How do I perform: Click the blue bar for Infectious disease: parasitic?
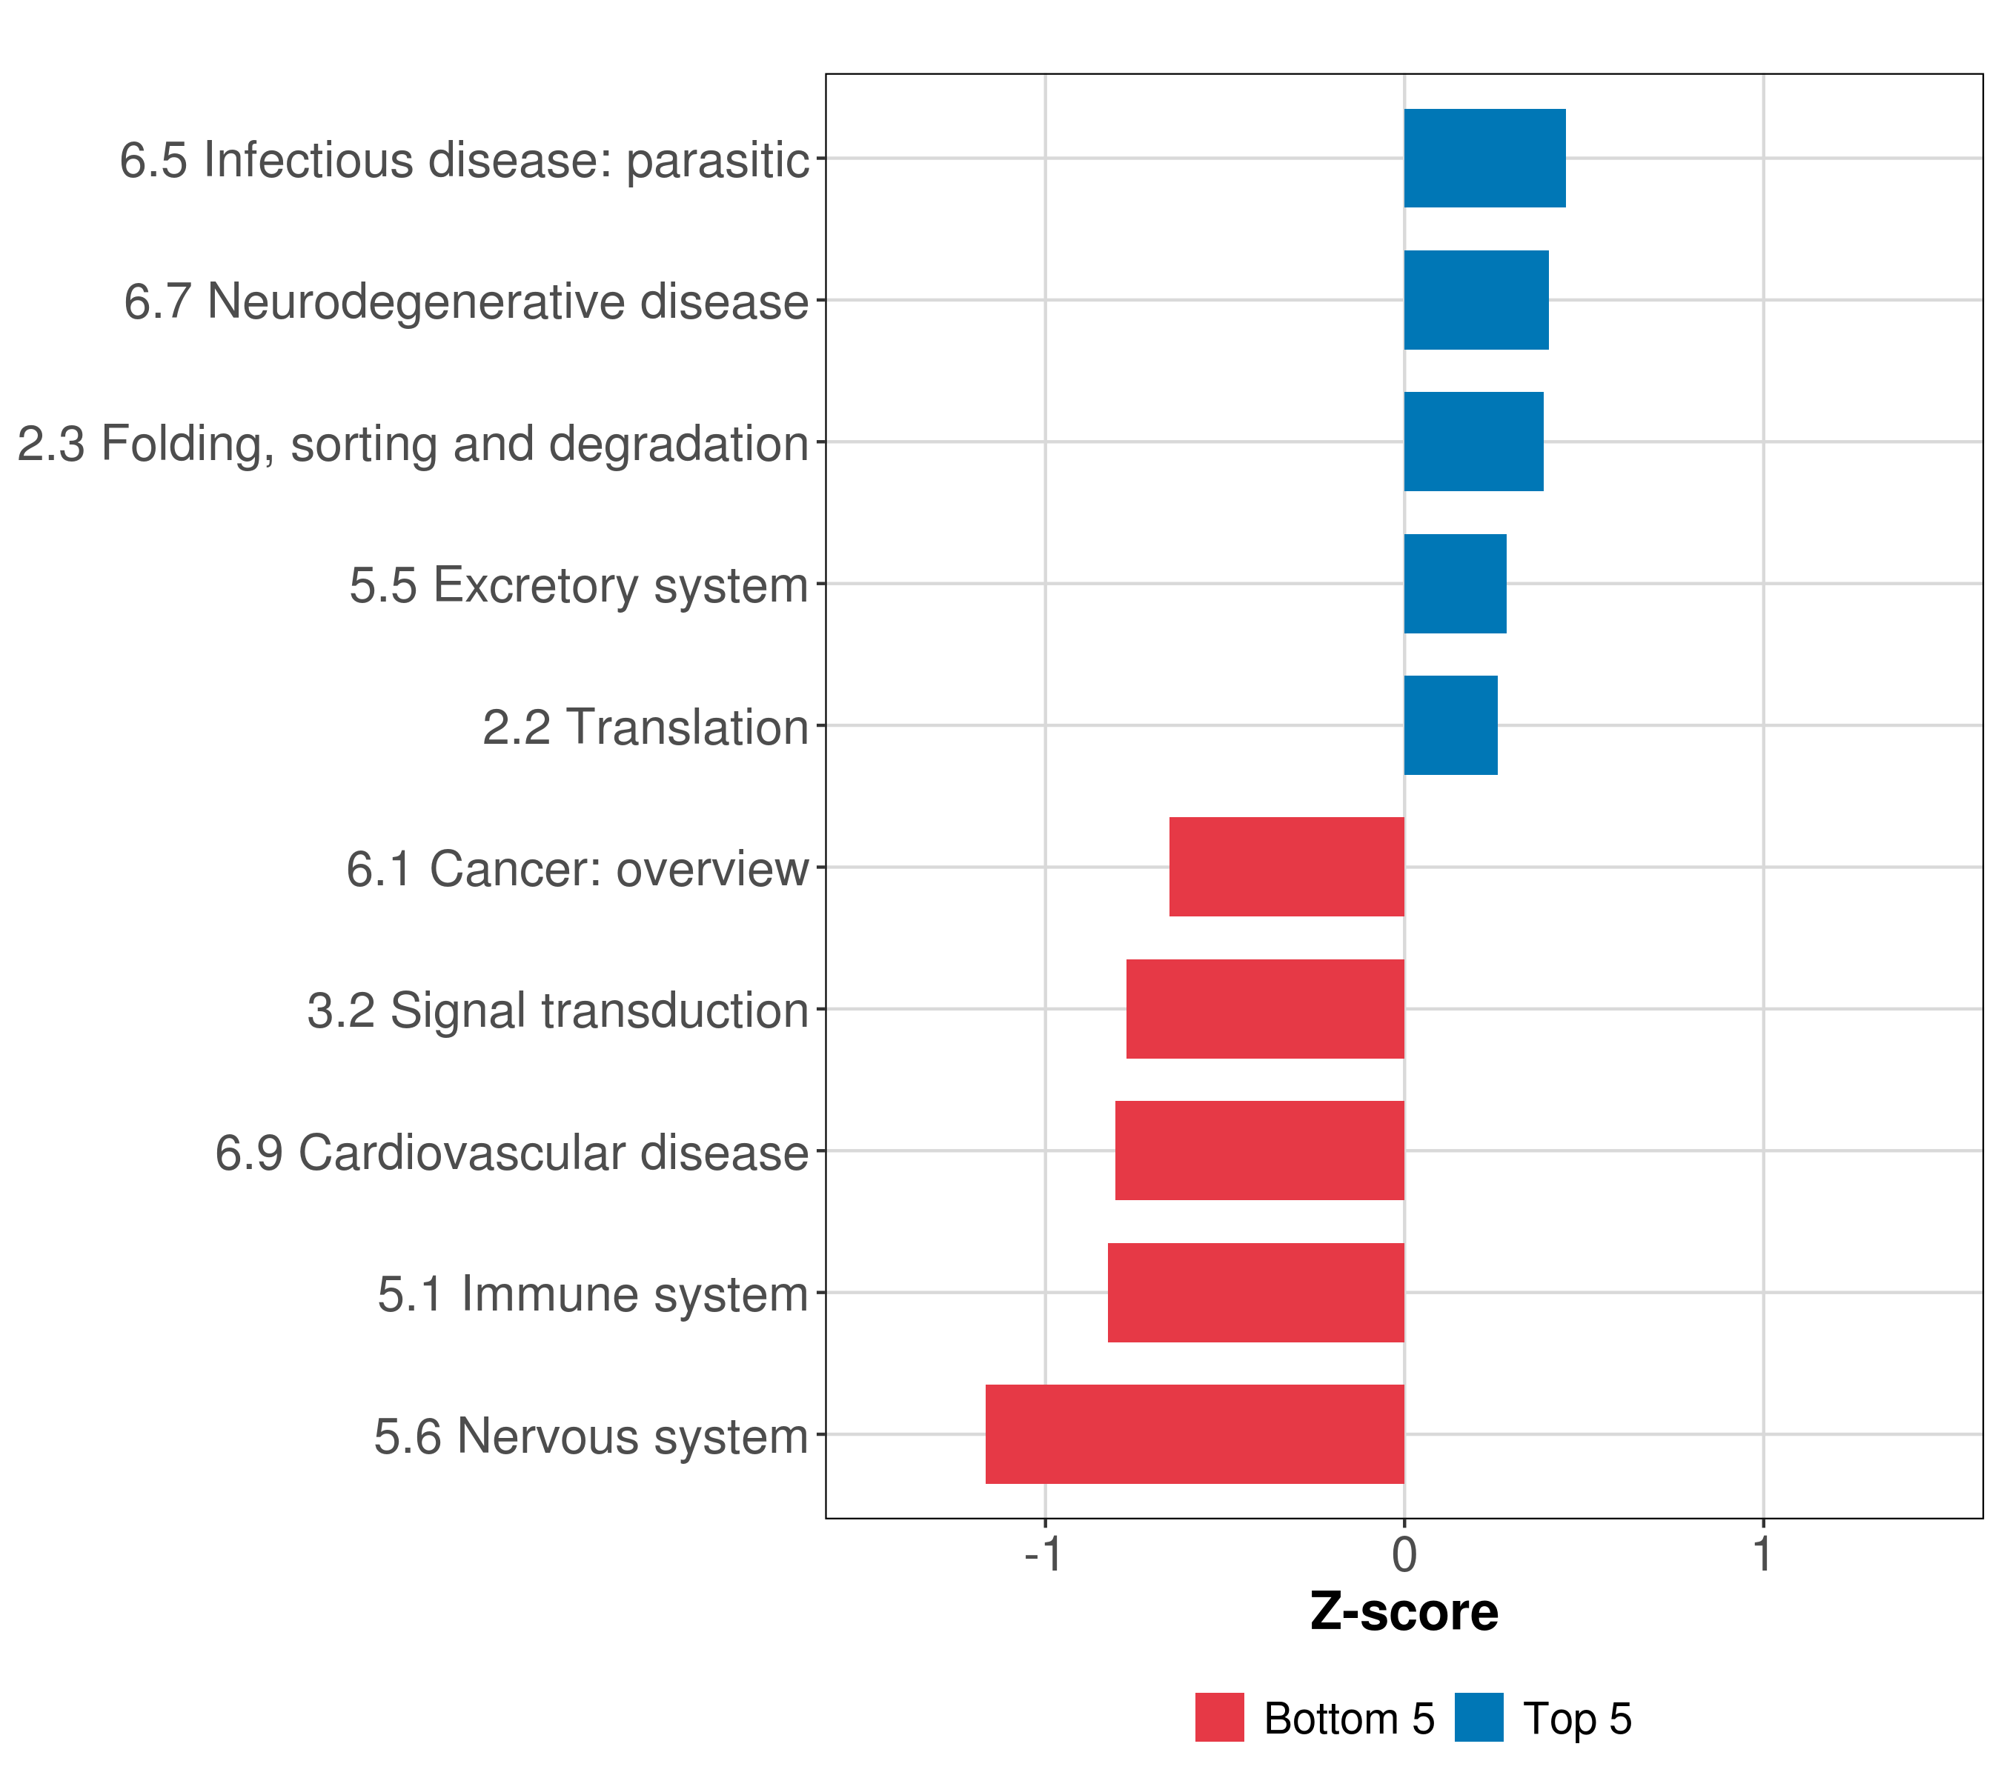(1484, 158)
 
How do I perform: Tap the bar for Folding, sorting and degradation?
(1473, 442)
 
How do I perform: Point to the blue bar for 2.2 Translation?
(1450, 725)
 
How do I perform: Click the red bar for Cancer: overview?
(1287, 867)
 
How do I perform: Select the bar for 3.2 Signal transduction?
(1265, 1009)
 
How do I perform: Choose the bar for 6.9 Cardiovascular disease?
(1259, 1151)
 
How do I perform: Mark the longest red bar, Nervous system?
(1195, 1434)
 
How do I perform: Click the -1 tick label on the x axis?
(1043, 1554)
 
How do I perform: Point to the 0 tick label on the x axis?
(1404, 1554)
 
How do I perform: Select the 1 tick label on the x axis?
(1762, 1554)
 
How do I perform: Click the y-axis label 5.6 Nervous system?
(591, 1436)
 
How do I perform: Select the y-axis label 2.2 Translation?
(645, 727)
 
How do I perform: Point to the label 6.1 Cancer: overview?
(577, 869)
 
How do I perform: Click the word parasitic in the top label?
(717, 159)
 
